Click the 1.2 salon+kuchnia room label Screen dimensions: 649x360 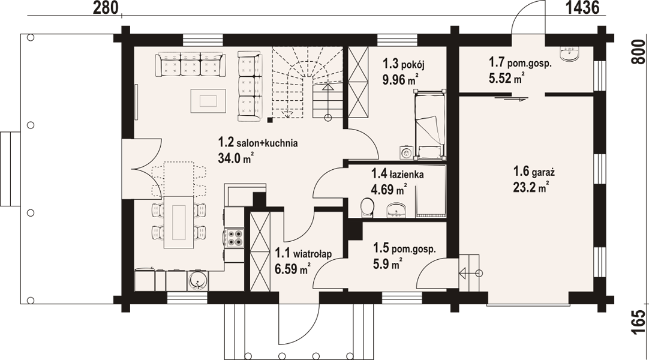point(258,143)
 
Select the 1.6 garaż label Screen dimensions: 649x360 point(534,172)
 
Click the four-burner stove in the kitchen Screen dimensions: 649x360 point(234,238)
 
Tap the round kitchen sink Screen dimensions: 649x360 point(197,281)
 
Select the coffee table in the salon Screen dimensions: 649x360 point(209,101)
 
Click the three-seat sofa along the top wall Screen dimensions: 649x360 point(190,64)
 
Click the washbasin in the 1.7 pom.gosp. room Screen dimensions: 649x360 point(570,53)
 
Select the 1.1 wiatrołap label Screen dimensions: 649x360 point(303,254)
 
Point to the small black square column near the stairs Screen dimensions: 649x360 point(270,120)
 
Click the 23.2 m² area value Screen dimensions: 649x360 point(531,187)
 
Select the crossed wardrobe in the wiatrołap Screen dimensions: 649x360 point(260,251)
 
